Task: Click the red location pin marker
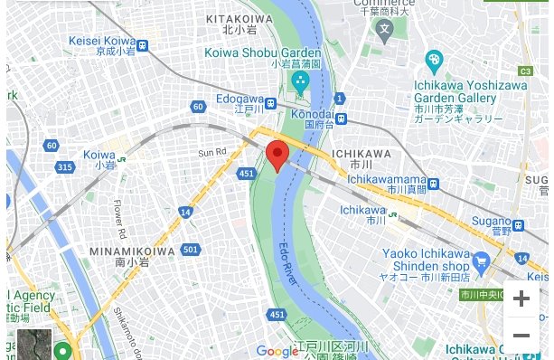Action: pyautogui.click(x=277, y=156)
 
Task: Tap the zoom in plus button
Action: pyautogui.click(x=521, y=298)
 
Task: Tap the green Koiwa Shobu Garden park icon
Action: pyautogui.click(x=299, y=84)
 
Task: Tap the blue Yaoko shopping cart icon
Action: pyautogui.click(x=480, y=262)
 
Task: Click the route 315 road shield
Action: pyautogui.click(x=64, y=167)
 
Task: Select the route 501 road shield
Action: pyautogui.click(x=190, y=249)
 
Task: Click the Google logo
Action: pyautogui.click(x=277, y=351)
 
